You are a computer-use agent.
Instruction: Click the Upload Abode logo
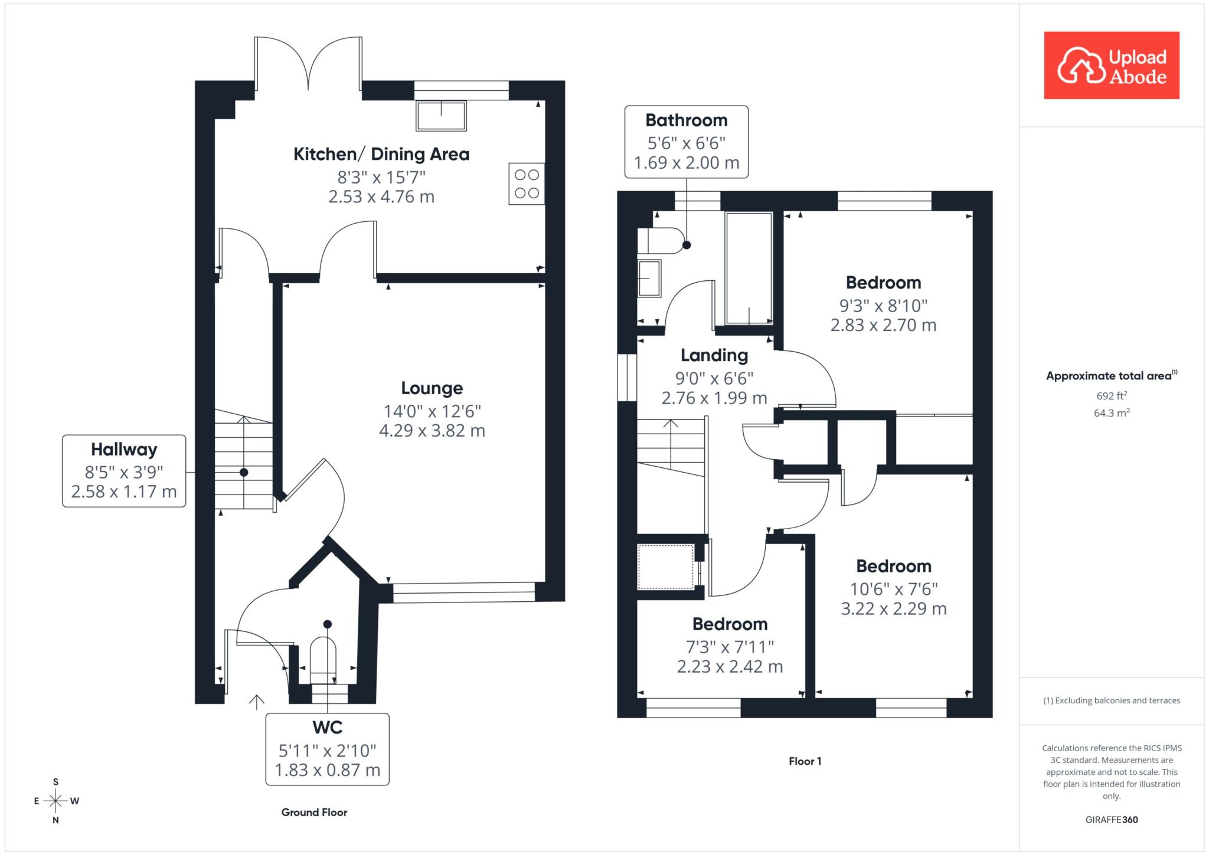[1112, 65]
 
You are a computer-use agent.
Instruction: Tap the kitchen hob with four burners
[527, 184]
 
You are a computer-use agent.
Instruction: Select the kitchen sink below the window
[441, 116]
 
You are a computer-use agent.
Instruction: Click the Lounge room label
[432, 388]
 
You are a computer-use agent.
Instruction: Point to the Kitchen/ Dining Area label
[381, 155]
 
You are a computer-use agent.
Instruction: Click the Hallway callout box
[124, 471]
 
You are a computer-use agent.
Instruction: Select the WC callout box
[328, 749]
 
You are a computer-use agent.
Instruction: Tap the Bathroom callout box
[687, 142]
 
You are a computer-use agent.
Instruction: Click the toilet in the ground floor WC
[323, 659]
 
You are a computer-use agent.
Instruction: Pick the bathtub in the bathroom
[749, 268]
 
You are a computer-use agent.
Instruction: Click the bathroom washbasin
[649, 278]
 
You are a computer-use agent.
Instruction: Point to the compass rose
[56, 801]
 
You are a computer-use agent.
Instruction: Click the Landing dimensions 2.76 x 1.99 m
[714, 398]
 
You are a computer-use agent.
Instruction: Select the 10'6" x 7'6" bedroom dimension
[894, 589]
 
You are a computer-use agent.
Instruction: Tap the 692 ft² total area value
[1112, 395]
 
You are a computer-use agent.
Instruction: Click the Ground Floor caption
[314, 813]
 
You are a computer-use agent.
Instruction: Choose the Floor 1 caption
[805, 761]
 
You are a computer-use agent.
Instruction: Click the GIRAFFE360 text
[1112, 820]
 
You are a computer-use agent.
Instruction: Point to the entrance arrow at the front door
[256, 702]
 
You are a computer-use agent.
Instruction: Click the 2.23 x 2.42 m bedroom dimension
[730, 667]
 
